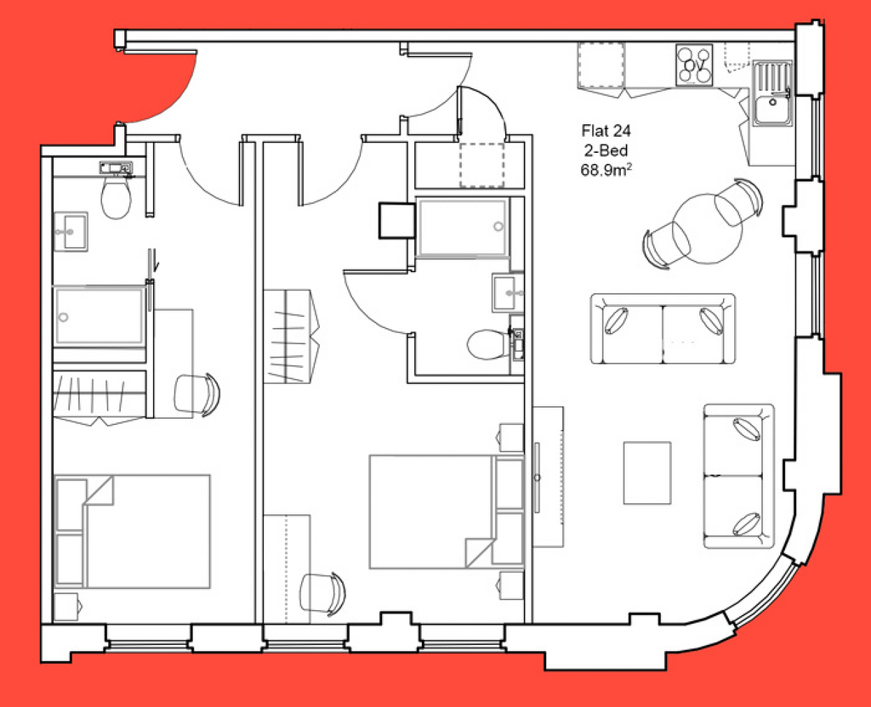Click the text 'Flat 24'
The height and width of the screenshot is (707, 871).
pos(606,131)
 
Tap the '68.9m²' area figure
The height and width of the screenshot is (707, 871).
pos(606,169)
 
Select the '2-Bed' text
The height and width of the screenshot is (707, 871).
pos(606,150)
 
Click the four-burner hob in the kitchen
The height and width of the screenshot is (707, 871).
pos(694,65)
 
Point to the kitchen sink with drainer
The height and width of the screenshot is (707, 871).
pos(772,93)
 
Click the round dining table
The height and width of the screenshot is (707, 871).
pos(707,228)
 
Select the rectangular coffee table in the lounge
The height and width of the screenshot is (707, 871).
pos(647,472)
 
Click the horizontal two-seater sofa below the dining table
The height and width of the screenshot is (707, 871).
pos(662,329)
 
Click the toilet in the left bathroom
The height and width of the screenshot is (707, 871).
pos(116,196)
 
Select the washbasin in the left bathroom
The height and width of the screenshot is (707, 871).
pos(71,231)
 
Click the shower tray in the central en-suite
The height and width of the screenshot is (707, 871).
pos(462,228)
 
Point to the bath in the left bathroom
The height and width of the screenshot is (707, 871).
pos(100,316)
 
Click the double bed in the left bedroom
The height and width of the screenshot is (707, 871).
pos(132,531)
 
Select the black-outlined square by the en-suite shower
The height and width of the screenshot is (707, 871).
pos(397,220)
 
